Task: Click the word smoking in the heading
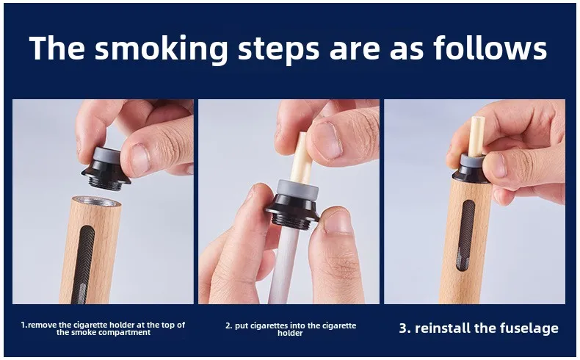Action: [x=161, y=48]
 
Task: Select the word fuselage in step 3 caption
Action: [x=529, y=328]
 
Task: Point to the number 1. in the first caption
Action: [x=24, y=325]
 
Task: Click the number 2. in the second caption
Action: [x=228, y=326]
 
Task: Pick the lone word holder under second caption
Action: [x=290, y=333]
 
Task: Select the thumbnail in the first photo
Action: [x=140, y=160]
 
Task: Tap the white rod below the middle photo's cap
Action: [x=283, y=264]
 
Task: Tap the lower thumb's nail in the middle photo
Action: [x=337, y=222]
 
